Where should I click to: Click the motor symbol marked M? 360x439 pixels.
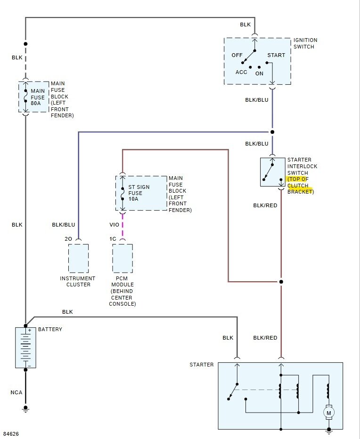328,413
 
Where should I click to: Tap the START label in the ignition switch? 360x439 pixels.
276,55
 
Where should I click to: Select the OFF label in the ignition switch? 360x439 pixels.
237,55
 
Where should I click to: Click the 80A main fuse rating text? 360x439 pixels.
36,103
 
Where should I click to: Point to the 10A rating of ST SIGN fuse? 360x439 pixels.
133,199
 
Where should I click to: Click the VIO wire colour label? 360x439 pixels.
115,225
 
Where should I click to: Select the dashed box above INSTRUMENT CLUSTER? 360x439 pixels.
78,258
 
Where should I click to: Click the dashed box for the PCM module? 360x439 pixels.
123,258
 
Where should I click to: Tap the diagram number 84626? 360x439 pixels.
11,434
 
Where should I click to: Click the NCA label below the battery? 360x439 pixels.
16,392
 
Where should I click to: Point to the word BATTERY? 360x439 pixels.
50,329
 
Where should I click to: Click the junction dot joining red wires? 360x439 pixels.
281,282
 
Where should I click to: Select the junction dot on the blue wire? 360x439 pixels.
272,132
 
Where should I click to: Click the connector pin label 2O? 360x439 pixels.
68,239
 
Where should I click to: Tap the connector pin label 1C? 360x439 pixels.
113,239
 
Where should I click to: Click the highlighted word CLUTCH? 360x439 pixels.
298,186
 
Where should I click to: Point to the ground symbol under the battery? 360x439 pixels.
25,409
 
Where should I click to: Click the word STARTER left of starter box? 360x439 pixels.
201,365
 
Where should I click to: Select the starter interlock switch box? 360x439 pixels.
272,172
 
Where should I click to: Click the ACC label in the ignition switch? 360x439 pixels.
241,72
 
